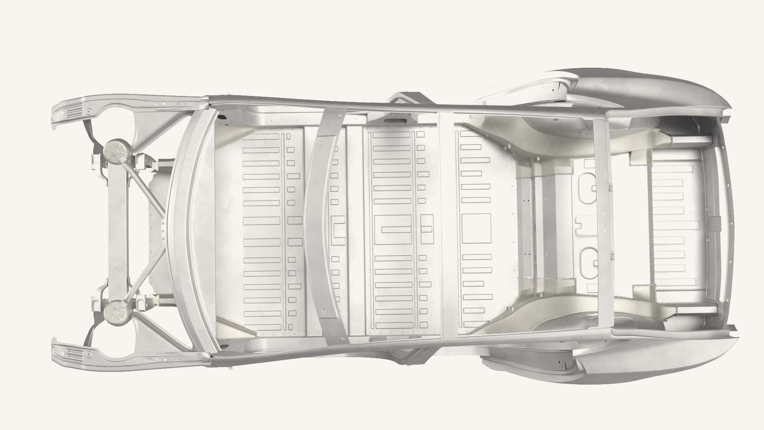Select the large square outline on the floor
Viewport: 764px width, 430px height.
tap(476, 229)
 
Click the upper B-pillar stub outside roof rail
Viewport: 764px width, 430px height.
tap(408, 98)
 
